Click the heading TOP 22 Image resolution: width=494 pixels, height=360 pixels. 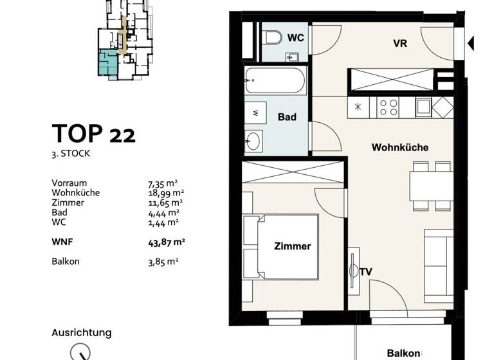[x=93, y=134]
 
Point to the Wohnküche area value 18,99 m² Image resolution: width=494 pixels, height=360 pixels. [x=166, y=193]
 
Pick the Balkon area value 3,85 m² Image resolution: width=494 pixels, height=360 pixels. [x=163, y=262]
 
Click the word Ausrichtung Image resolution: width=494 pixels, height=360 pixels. [x=81, y=333]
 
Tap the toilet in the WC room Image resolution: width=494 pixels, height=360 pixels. [x=273, y=39]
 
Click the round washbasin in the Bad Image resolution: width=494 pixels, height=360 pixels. [x=254, y=139]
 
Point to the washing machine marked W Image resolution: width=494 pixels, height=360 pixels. [x=255, y=113]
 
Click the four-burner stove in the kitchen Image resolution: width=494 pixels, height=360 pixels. [x=388, y=107]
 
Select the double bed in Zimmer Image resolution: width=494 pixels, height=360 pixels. [x=280, y=247]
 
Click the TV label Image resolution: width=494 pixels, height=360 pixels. [x=366, y=272]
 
